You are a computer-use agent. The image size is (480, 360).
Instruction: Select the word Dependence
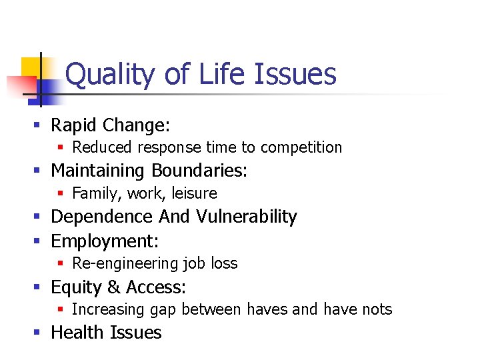(x=102, y=217)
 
